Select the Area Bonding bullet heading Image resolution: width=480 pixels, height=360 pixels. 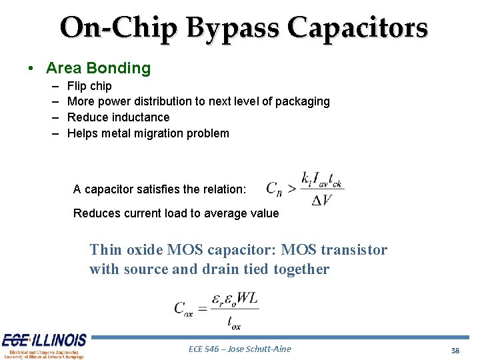coord(98,68)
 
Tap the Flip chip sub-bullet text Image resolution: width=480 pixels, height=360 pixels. coord(89,86)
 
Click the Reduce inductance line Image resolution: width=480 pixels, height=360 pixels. coord(119,117)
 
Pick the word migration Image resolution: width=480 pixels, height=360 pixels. coord(160,133)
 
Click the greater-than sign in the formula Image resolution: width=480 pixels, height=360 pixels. coord(291,189)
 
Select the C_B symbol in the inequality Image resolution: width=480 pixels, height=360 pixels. coord(275,189)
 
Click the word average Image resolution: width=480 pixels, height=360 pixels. coord(219,213)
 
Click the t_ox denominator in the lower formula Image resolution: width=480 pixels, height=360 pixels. coord(234,323)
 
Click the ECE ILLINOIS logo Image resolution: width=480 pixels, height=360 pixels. coord(43,345)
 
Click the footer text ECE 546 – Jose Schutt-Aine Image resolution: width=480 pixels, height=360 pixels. coord(239,349)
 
